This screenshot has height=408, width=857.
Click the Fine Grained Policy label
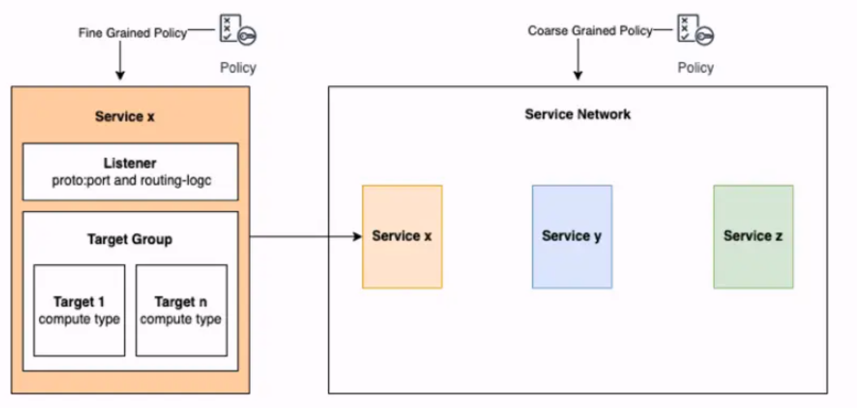point(132,33)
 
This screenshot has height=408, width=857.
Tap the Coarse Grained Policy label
point(590,31)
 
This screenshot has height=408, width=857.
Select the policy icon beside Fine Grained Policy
point(237,30)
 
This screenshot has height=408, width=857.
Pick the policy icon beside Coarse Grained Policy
point(695,30)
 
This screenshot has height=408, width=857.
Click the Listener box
point(130,171)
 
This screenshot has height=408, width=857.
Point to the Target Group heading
point(130,239)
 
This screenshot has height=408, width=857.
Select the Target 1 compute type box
point(79,310)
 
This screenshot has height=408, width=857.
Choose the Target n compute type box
point(181,310)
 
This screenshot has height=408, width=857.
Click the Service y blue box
point(572,237)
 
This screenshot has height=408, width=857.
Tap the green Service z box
point(753,237)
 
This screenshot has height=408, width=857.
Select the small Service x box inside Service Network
point(402,237)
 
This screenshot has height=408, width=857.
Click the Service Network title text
point(577,114)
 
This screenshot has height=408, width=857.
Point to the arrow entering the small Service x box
point(306,237)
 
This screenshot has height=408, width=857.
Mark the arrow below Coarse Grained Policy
point(578,60)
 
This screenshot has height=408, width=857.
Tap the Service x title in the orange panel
point(124,116)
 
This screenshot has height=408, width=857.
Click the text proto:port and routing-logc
point(131,180)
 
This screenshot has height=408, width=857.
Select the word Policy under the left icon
point(238,68)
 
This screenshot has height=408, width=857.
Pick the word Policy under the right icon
point(696,68)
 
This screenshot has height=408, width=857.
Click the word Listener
point(130,163)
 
